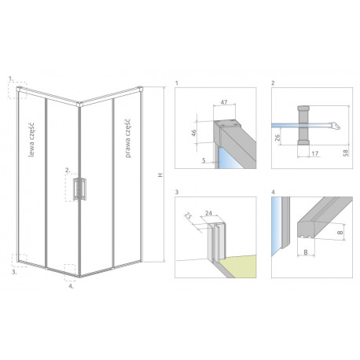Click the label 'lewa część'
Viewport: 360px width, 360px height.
[31, 140]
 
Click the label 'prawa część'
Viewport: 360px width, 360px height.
[127, 138]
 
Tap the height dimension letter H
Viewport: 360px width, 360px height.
[160, 174]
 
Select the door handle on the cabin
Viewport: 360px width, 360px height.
[79, 189]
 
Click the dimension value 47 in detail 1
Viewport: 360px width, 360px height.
[224, 102]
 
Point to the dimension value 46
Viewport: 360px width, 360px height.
[194, 133]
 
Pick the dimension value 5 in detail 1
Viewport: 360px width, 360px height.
[204, 160]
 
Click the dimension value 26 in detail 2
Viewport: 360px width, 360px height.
[277, 138]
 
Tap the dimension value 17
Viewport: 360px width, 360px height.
[315, 153]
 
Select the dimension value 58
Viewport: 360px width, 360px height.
[346, 152]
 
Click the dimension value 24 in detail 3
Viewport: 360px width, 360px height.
[208, 213]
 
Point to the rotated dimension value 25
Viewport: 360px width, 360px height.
[189, 216]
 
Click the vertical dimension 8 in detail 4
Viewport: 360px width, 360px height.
[340, 232]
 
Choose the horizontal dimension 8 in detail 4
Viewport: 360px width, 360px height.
[306, 252]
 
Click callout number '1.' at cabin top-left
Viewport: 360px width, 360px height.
[11, 79]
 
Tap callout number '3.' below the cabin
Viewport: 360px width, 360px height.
[14, 272]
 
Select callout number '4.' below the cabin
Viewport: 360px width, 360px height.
[71, 286]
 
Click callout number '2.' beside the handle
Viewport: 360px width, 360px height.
[68, 170]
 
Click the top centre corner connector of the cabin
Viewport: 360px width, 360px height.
[79, 104]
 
